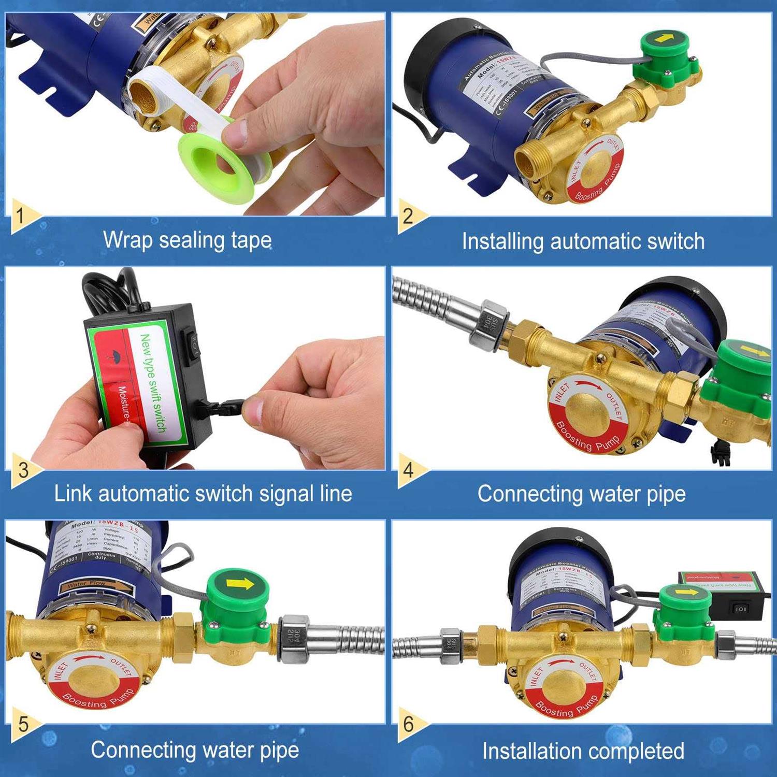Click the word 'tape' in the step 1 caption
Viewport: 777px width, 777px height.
(251, 240)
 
